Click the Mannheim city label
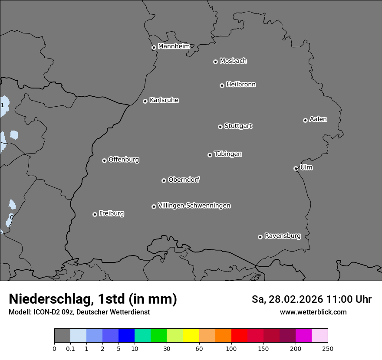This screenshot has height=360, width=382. coord(174,46)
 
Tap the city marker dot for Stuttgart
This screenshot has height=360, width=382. coord(220,127)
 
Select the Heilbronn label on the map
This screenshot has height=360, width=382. coord(241,84)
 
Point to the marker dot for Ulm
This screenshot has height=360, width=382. coord(296,168)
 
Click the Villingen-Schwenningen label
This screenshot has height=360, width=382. coord(194,206)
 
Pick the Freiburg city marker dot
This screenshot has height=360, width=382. coord(95,214)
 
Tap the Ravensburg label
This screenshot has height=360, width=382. coord(283,236)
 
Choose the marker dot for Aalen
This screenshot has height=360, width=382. coord(305,120)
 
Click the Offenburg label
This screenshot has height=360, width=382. coord(124,160)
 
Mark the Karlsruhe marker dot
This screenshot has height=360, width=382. coord(145,101)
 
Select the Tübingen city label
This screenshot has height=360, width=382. coord(228,154)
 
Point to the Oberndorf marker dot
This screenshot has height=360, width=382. coord(164,180)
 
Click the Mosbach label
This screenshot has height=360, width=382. coord(233,61)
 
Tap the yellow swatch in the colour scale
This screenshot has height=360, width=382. coord(191,336)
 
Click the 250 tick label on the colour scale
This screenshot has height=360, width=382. coord(327,348)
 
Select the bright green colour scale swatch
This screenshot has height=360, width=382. coord(158,336)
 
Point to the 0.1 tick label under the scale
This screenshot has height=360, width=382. coord(70,348)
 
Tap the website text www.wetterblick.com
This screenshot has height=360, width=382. coord(313,312)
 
